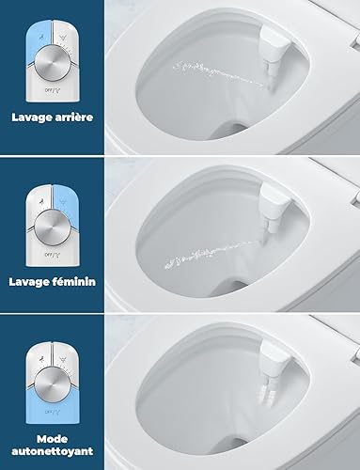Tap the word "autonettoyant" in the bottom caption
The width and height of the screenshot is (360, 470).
53,451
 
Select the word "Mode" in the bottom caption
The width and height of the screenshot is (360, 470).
53,439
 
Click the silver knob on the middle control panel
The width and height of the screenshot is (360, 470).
53,227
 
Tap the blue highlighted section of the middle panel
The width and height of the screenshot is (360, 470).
65,199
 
